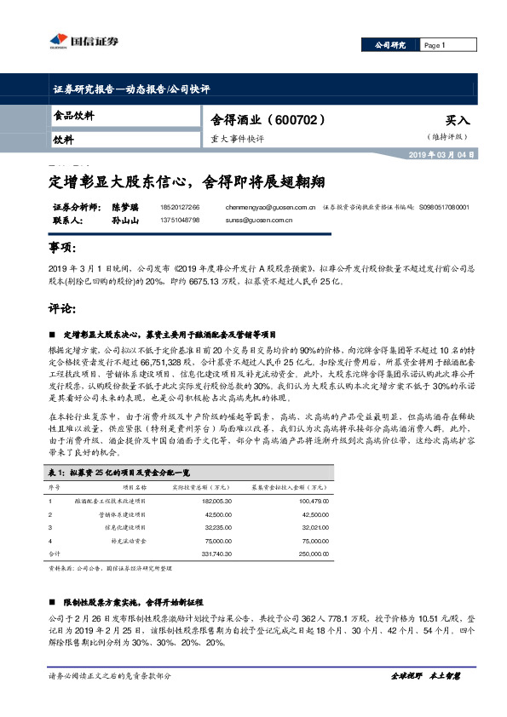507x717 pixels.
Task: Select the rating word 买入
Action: point(457,121)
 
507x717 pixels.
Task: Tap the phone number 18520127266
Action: point(179,207)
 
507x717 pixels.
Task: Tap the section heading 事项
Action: point(66,248)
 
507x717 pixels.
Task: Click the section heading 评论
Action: point(66,307)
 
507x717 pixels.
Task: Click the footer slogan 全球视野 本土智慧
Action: point(424,675)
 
